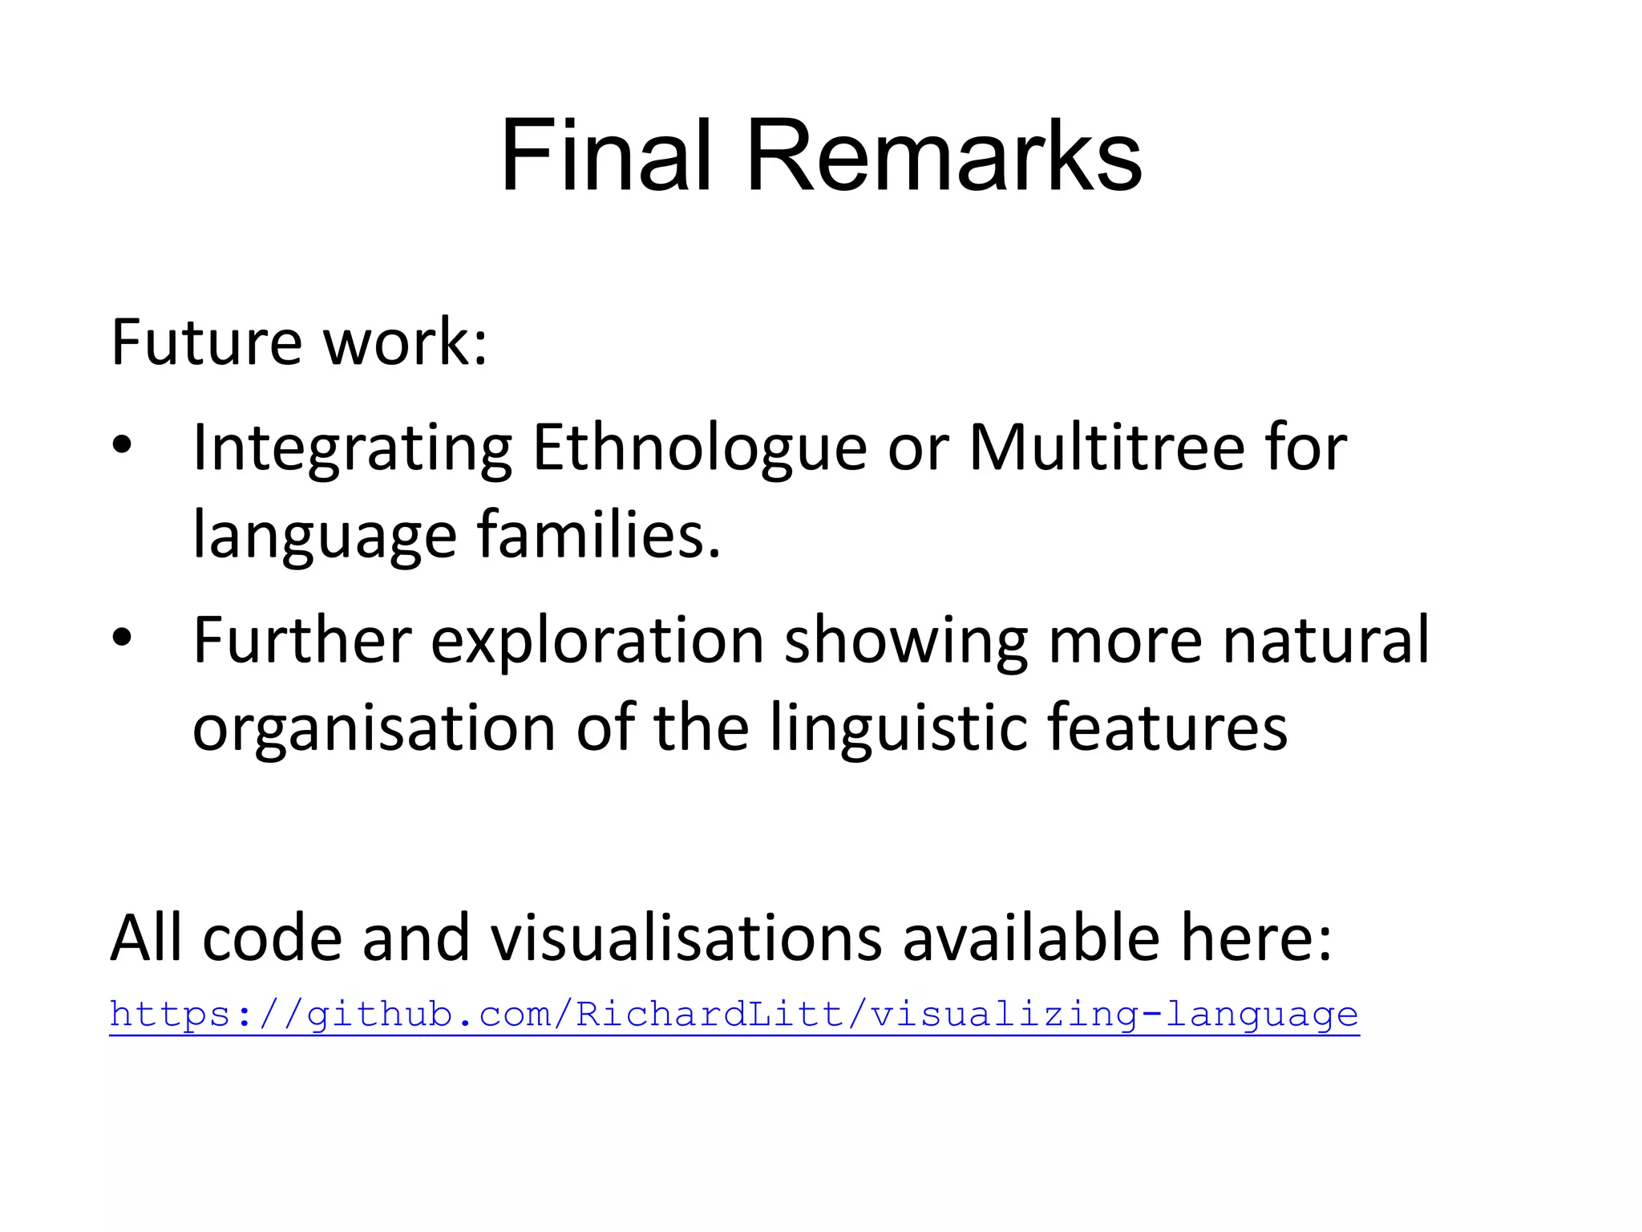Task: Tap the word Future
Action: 206,342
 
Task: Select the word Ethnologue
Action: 699,448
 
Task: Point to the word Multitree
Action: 1106,448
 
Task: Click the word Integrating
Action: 353,448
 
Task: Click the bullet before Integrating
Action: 122,446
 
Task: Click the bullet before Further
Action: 122,638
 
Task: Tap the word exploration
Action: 597,641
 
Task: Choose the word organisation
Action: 374,727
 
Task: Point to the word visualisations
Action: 686,938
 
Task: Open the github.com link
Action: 734,1015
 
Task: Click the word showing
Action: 906,641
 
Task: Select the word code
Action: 273,938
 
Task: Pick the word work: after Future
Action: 405,342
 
